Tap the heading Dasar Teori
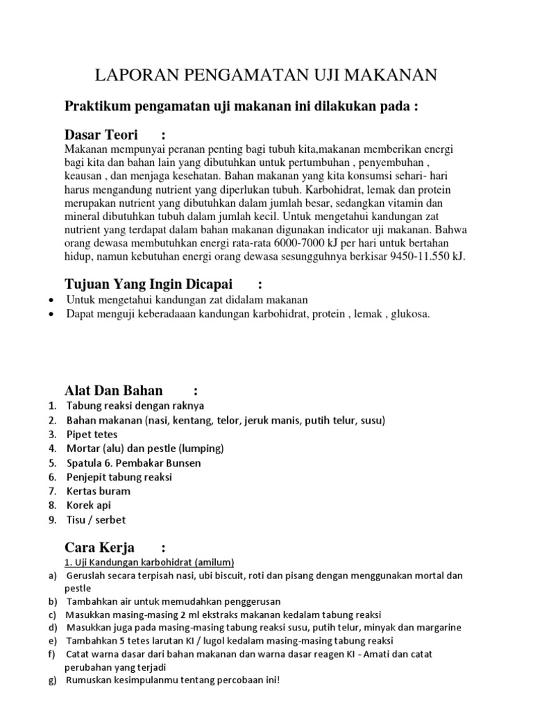[101, 135]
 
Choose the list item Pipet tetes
[92, 435]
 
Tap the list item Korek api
[89, 505]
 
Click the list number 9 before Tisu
[53, 520]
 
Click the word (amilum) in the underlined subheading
[212, 562]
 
